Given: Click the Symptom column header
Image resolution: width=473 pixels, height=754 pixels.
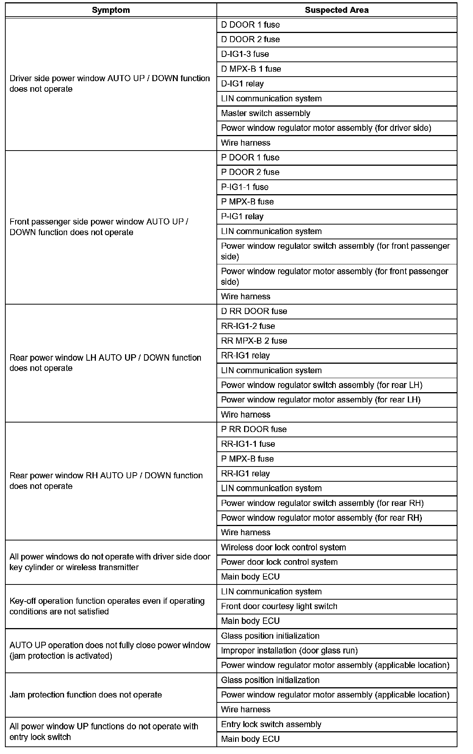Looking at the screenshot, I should point(111,10).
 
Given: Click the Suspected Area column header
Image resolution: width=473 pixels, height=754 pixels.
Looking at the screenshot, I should point(337,10).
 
